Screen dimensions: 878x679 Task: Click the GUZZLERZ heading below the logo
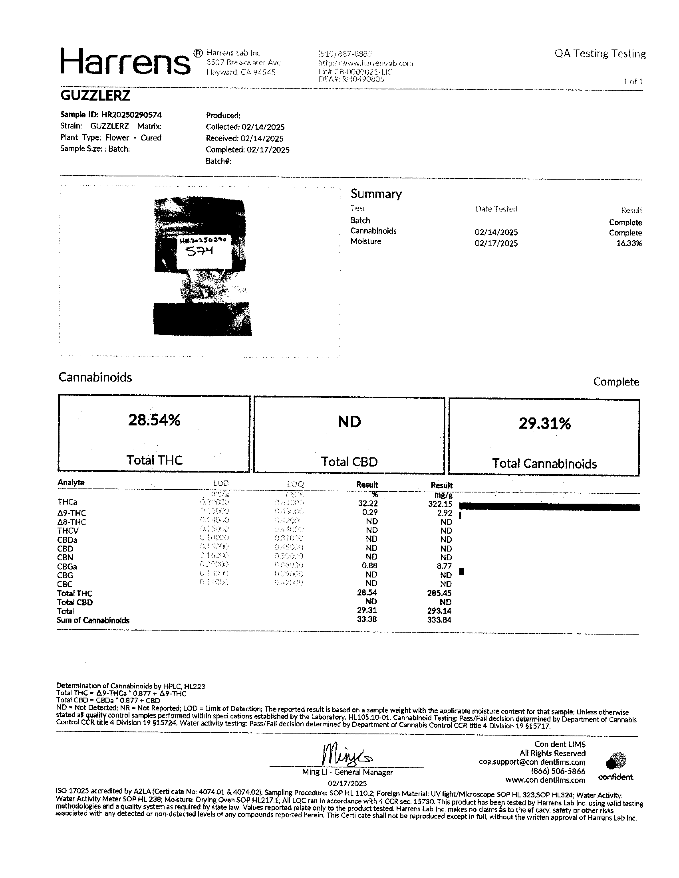(95, 96)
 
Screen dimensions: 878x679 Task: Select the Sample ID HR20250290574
(111, 115)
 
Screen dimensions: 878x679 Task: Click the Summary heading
(376, 194)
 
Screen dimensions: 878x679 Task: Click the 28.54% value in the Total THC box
(154, 420)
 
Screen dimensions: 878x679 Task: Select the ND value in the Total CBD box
(349, 422)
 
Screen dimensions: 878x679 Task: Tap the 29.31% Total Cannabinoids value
(544, 423)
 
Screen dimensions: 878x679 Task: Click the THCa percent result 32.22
(367, 503)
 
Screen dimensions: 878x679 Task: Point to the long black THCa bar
(549, 507)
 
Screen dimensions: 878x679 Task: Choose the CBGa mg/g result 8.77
(444, 566)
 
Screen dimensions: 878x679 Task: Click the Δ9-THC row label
(71, 513)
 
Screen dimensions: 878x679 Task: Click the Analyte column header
(71, 483)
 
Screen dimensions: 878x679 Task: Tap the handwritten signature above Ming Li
(346, 756)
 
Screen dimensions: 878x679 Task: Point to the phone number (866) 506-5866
(558, 771)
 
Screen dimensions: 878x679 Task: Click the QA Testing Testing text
(600, 53)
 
